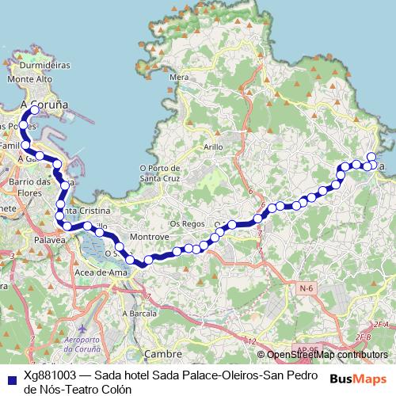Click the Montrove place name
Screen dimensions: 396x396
point(150,237)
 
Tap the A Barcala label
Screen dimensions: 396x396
point(139,313)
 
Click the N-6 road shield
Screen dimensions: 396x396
point(307,288)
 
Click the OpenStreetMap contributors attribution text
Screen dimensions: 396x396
point(329,354)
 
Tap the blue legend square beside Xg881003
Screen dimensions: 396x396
point(11,376)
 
